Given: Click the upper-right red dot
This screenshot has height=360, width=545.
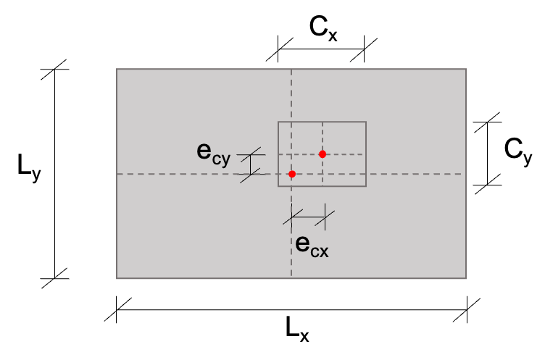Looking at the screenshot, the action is (323, 154).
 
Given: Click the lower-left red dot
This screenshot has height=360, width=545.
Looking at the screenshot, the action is (292, 174).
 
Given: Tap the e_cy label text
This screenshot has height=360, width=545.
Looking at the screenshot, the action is (213, 152).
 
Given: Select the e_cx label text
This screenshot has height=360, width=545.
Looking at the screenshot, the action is (312, 245).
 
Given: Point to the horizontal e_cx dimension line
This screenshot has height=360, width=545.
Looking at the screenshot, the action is (308, 217).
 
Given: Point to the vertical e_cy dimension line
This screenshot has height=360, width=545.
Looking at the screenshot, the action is (251, 164).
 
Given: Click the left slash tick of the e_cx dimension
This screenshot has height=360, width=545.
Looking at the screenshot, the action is (292, 217).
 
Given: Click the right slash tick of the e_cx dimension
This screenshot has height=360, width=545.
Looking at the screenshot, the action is (325, 217).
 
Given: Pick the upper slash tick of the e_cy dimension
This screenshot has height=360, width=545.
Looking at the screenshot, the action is (251, 154).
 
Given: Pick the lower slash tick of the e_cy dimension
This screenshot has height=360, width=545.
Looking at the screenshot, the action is (251, 175).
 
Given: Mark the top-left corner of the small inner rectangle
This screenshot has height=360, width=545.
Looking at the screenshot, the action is (278, 122).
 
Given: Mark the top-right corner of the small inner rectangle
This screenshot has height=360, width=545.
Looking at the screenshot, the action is (366, 122).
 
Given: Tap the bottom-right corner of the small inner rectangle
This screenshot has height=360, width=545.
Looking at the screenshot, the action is (366, 186).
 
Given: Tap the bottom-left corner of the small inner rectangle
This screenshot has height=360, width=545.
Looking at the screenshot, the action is (278, 186).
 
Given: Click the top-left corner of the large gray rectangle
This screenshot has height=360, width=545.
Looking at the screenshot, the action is (117, 70).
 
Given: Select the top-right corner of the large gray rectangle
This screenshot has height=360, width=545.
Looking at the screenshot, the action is (466, 70).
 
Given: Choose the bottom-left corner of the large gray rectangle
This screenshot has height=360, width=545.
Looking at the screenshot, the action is (117, 278).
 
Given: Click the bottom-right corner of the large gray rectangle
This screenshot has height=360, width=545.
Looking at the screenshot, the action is (466, 278).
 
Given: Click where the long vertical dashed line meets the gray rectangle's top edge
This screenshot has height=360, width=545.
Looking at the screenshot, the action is (291, 70).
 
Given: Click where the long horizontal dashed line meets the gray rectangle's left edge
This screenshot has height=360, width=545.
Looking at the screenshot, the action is (117, 174).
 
